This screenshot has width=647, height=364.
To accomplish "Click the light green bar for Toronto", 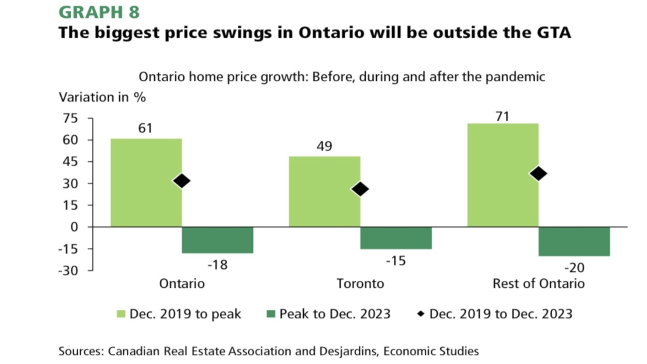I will pyautogui.click(x=324, y=192).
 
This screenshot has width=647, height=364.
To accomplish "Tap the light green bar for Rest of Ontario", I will pyautogui.click(x=502, y=175).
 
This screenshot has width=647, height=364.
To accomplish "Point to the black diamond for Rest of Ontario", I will pyautogui.click(x=539, y=174).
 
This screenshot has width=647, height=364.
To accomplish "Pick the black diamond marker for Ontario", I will pyautogui.click(x=182, y=181).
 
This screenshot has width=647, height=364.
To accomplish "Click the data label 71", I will pyautogui.click(x=502, y=115).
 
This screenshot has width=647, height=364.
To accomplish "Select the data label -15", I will pyautogui.click(x=396, y=261).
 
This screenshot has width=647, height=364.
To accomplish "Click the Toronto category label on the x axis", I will pyautogui.click(x=360, y=283).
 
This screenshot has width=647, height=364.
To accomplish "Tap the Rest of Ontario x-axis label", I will pyautogui.click(x=539, y=283).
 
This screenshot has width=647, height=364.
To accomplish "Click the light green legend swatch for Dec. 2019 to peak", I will pyautogui.click(x=119, y=314).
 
